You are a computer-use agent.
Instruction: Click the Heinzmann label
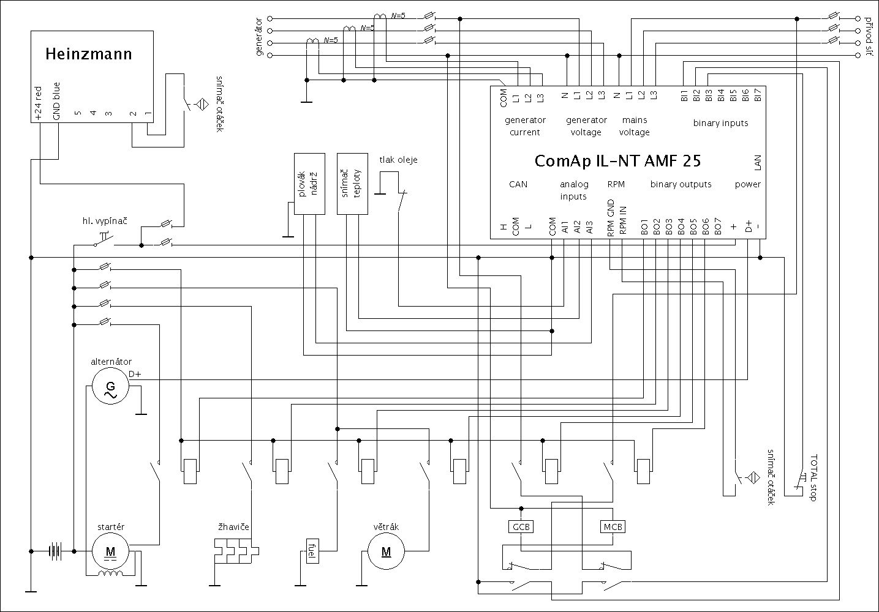click(88, 54)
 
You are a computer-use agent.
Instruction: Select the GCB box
click(521, 526)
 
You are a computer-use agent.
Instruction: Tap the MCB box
click(613, 526)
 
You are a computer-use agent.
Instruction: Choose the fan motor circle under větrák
click(386, 551)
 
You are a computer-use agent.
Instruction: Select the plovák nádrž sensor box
click(310, 183)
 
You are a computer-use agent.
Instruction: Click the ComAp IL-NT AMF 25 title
click(617, 161)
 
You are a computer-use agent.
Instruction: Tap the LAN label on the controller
click(758, 163)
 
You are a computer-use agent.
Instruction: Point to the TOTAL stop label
click(813, 478)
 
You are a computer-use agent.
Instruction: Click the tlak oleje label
click(399, 160)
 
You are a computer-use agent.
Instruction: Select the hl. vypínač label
click(104, 220)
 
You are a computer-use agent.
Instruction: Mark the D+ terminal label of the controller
click(749, 227)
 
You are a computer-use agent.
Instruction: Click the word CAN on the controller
click(518, 184)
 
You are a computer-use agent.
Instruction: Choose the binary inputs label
click(720, 123)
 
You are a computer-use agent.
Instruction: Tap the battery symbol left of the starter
click(56, 551)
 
